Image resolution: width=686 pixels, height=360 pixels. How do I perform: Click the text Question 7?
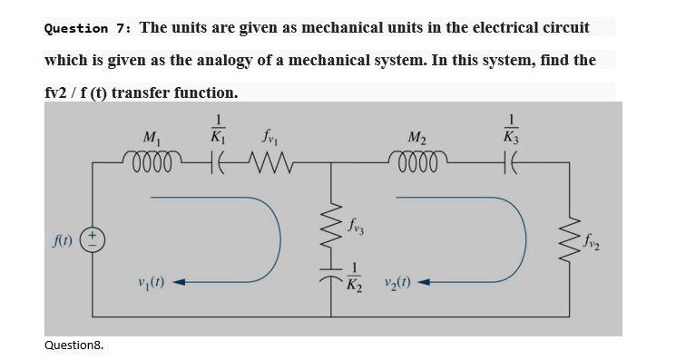coord(87,28)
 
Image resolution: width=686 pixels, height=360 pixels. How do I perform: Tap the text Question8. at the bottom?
coord(73,345)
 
